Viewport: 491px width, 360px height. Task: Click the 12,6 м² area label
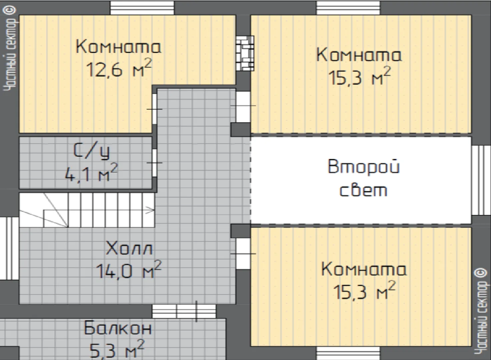pyautogui.click(x=119, y=68)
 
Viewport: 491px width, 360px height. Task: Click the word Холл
pyautogui.click(x=129, y=248)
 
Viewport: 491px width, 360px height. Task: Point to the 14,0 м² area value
pyautogui.click(x=129, y=270)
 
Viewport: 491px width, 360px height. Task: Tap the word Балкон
pyautogui.click(x=118, y=328)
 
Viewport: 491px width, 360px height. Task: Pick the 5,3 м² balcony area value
pyautogui.click(x=117, y=349)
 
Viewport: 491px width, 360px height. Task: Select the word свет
pyautogui.click(x=363, y=190)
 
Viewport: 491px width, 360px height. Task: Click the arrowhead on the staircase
pyautogui.click(x=151, y=210)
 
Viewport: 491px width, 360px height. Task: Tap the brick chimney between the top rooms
pyautogui.click(x=245, y=53)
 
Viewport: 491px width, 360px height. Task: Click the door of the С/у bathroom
pyautogui.click(x=155, y=163)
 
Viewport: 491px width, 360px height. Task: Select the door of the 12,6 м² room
pyautogui.click(x=155, y=109)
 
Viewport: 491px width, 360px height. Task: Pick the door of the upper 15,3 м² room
pyautogui.click(x=243, y=107)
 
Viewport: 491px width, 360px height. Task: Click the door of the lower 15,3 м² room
pyautogui.click(x=243, y=254)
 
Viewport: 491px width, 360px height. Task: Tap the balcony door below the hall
pyautogui.click(x=184, y=311)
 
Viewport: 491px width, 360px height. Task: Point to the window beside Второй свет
pyautogui.click(x=481, y=180)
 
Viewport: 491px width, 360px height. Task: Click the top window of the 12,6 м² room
pyautogui.click(x=142, y=8)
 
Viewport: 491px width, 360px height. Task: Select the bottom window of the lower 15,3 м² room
pyautogui.click(x=348, y=353)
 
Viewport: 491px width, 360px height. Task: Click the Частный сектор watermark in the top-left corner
pyautogui.click(x=10, y=48)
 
